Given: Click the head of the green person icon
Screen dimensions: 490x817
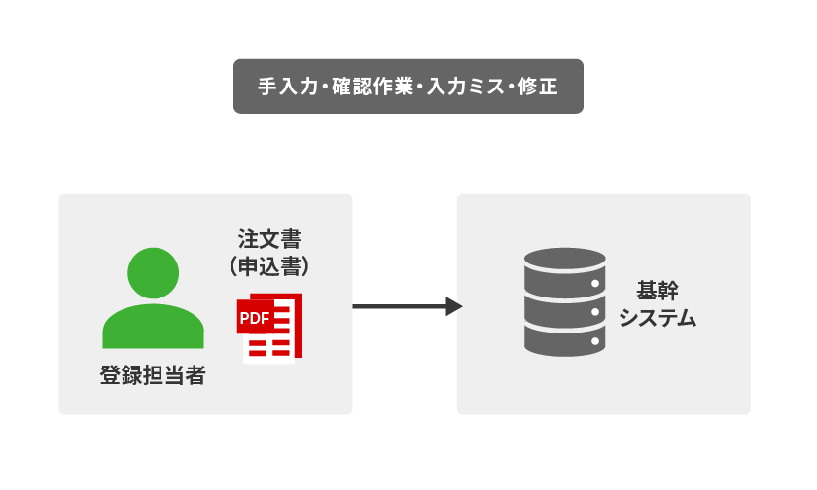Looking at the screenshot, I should pos(153,274).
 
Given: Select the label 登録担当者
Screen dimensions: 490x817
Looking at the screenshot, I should pos(153,375).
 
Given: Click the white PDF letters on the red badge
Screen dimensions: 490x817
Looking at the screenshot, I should pos(255,317).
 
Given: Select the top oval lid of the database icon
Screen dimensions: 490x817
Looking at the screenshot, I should pos(564,260).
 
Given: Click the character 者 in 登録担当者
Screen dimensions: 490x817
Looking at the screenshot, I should pos(195,375).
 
